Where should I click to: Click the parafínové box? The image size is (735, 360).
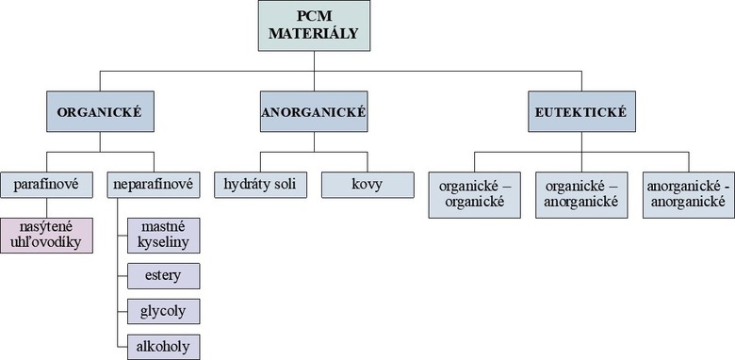click(47, 185)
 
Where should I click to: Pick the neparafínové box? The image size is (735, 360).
click(153, 185)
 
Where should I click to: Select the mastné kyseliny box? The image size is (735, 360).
click(164, 236)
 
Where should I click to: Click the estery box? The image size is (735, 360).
click(164, 276)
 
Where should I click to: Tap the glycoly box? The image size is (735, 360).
click(164, 311)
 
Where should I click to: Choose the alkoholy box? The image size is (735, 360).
click(164, 346)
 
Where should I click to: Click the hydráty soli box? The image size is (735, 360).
click(260, 185)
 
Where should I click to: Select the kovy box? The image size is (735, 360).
click(367, 185)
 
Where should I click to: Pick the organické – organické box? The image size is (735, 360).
click(472, 193)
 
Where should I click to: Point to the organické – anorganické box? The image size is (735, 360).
click(580, 193)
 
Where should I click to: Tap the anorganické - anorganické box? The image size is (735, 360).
click(686, 193)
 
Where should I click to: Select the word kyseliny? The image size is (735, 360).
click(164, 244)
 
